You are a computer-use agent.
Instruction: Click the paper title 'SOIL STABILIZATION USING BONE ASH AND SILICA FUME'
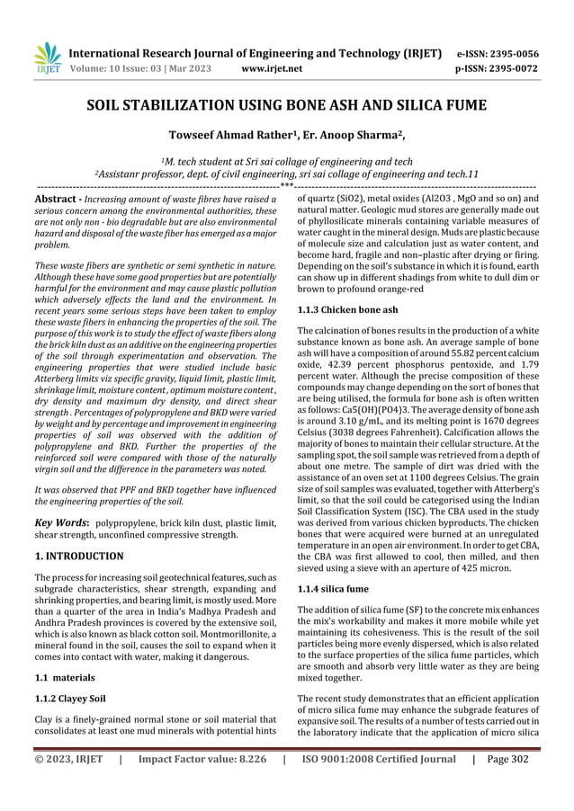(x=286, y=107)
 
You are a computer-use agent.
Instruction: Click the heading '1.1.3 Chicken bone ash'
(x=347, y=310)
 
